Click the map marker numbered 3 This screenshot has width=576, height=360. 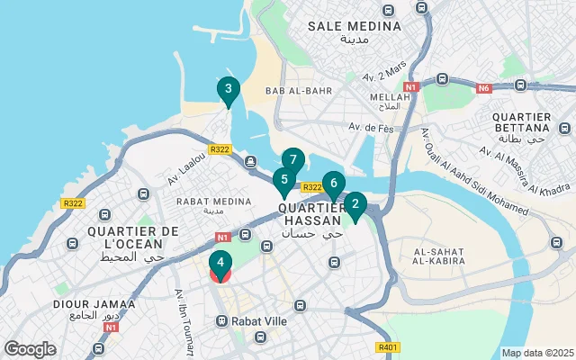228,90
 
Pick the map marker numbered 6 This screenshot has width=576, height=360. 333,184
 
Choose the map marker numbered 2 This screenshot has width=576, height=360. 355,205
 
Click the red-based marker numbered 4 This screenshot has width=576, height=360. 220,265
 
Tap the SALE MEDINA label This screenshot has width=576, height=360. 355,26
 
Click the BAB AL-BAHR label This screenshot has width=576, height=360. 299,91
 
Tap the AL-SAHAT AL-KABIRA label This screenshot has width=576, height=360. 439,255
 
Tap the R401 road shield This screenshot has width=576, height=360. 389,346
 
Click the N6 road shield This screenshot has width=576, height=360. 483,87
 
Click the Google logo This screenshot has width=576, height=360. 30,348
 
